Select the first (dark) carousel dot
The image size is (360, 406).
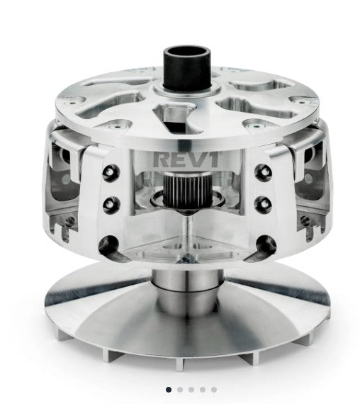tap(168, 389)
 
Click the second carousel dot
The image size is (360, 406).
tap(179, 389)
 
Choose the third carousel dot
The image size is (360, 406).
tap(191, 389)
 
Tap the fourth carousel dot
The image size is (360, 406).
tap(203, 389)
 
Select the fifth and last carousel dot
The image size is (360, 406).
tap(214, 389)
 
